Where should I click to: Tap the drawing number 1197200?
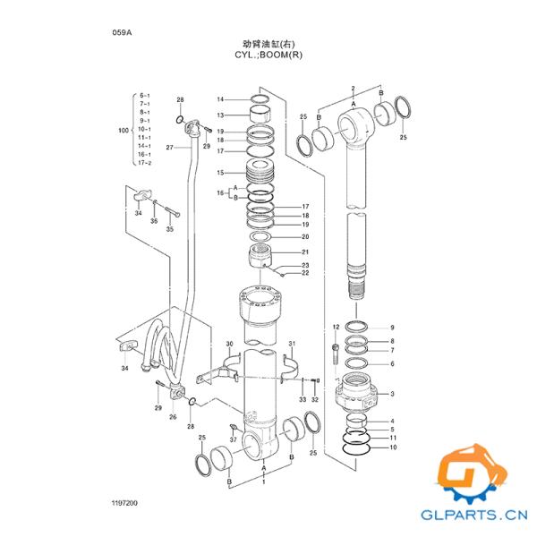pos(124,505)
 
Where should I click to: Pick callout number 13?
pos(220,115)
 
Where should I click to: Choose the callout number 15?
pos(220,172)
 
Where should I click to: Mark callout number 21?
pos(305,252)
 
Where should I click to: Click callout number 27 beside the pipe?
pos(169,147)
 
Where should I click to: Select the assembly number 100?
pos(124,131)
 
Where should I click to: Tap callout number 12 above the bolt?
pos(336,327)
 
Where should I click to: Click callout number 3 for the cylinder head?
pos(391,394)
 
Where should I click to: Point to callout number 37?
pos(234,439)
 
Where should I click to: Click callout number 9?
pos(391,328)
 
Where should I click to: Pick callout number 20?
pos(305,237)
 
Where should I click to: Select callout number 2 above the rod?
pos(354,88)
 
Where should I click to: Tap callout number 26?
pos(173,417)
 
